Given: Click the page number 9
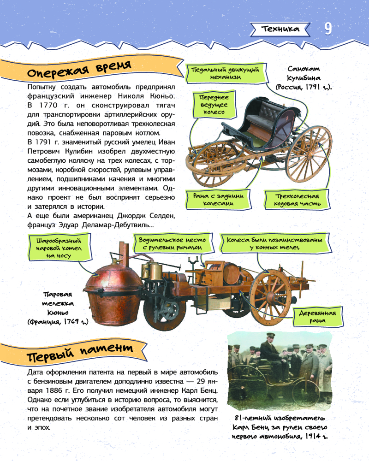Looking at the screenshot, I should tap(327, 29).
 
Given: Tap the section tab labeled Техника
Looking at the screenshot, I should tap(280, 29).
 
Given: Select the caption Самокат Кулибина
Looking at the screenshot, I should tap(304, 78).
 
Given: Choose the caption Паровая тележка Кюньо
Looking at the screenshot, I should tap(59, 308).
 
